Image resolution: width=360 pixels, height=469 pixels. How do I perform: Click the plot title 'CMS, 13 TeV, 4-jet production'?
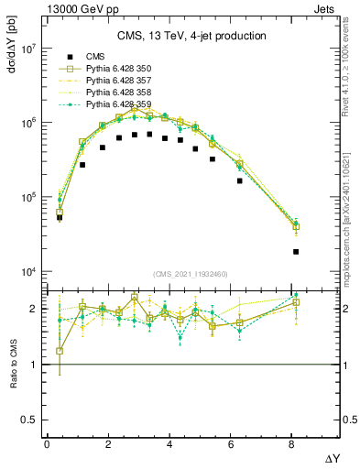click(x=191, y=37)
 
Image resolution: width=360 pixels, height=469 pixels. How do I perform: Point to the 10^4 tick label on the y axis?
click(x=26, y=272)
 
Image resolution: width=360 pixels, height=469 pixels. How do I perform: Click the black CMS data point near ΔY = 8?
click(x=296, y=251)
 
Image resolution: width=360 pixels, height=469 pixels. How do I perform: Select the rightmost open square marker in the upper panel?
click(x=296, y=227)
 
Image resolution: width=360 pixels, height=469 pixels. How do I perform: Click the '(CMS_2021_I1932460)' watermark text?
click(x=191, y=274)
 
